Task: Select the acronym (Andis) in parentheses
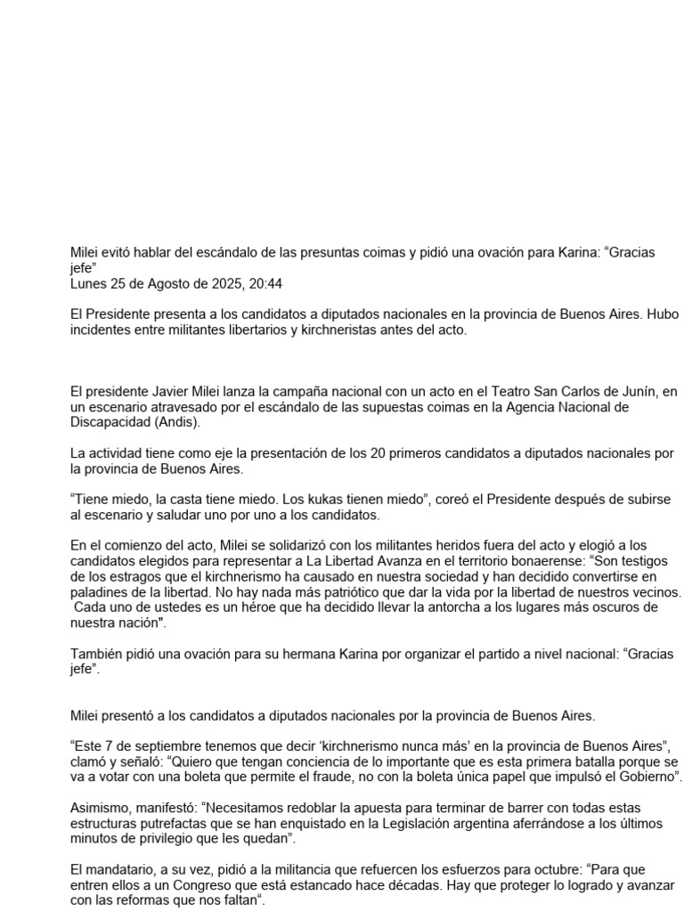point(174,421)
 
